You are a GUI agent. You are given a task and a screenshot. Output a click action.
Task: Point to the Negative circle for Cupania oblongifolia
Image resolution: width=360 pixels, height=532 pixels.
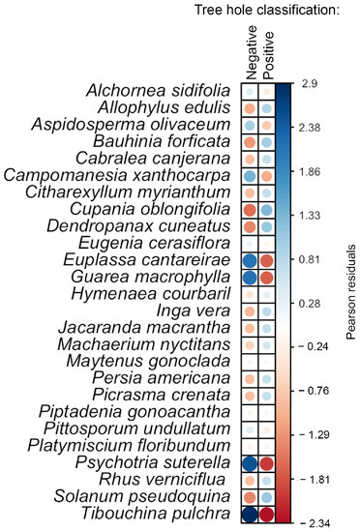pyautogui.click(x=250, y=210)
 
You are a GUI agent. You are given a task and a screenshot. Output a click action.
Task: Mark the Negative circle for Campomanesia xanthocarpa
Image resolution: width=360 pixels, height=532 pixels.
pyautogui.click(x=250, y=176)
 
